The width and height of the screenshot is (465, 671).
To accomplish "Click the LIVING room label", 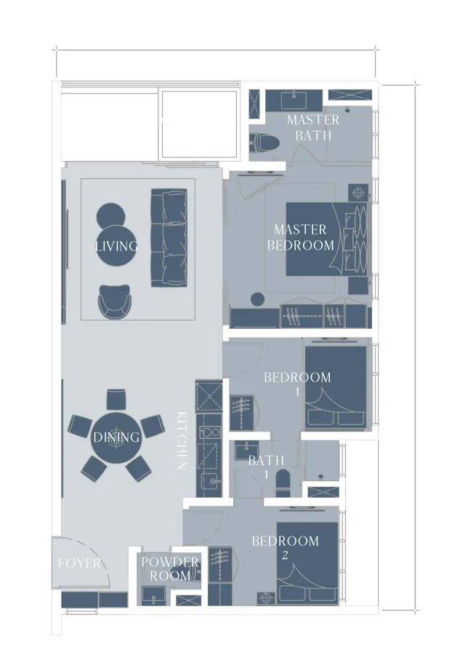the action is (x=116, y=246).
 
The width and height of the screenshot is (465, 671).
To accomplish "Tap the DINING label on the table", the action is (x=116, y=437).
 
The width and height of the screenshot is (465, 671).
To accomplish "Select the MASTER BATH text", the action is (x=313, y=127).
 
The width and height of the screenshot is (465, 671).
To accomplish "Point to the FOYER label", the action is (x=80, y=563).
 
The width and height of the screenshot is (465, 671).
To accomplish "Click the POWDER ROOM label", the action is (x=170, y=568).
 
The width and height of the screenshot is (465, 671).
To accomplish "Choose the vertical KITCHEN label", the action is (x=182, y=440).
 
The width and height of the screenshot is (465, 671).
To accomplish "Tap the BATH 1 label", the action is (x=266, y=466).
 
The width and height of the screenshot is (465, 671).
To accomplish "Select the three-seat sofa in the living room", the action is (x=169, y=237).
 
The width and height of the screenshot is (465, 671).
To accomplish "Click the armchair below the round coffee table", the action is (x=115, y=301).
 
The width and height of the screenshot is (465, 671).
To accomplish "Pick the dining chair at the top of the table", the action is (x=116, y=400).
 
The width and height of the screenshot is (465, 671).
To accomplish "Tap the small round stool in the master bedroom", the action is (x=257, y=299).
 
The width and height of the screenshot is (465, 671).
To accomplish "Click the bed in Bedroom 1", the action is (x=336, y=387).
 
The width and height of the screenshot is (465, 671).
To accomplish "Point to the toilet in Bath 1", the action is (x=283, y=483).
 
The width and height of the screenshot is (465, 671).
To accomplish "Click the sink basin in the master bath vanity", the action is (x=294, y=100).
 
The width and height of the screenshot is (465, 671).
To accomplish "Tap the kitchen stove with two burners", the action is (x=209, y=432).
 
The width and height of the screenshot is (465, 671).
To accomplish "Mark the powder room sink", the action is (x=154, y=595).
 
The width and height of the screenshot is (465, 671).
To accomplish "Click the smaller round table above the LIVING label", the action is (x=110, y=215).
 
